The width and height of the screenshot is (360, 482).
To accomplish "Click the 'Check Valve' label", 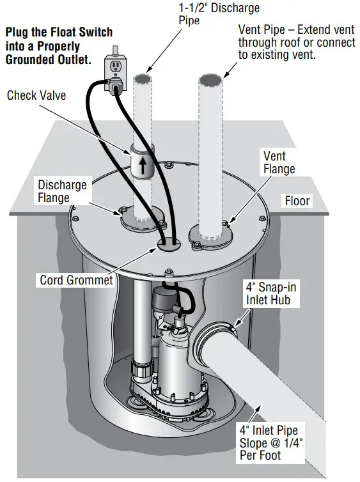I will pos(36,95).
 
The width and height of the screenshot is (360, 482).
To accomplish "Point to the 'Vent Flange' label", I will pos(279,162).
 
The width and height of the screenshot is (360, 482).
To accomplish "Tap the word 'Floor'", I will pos(297,201).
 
